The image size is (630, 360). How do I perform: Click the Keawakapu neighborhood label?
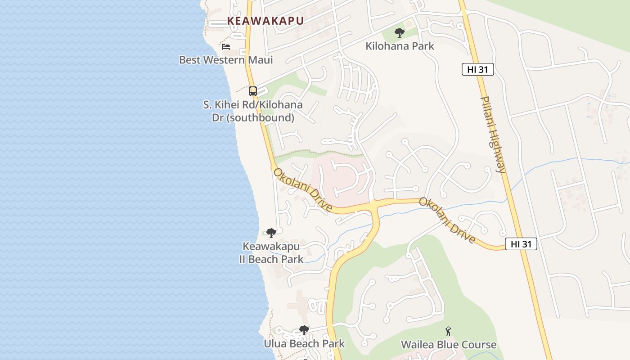coord(265,21)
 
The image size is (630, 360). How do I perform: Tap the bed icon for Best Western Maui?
coord(226,47)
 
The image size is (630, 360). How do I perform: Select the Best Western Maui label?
coord(226,60)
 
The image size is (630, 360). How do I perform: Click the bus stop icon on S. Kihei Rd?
coord(253,91)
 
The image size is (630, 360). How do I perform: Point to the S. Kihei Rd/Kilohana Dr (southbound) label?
coord(253,111)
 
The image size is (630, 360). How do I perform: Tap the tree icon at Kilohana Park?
coord(399,32)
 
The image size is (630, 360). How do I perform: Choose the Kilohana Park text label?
coord(400,46)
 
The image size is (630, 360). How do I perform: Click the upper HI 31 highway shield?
coord(478,69)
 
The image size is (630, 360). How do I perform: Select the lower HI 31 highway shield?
coord(521,244)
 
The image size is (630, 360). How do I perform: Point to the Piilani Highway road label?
coord(494,134)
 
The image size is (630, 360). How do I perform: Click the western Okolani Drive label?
coord(303,190)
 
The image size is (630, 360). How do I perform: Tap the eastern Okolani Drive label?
coord(447,220)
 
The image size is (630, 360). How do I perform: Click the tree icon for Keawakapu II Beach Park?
coord(271,233)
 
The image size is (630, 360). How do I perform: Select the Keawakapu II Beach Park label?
coord(271,252)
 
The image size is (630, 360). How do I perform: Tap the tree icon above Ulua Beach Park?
coord(304,330)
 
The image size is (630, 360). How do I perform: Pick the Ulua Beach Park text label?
coord(304,344)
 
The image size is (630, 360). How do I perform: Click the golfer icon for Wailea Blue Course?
coord(448,332)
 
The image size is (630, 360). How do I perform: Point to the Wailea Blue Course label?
coord(449,345)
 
